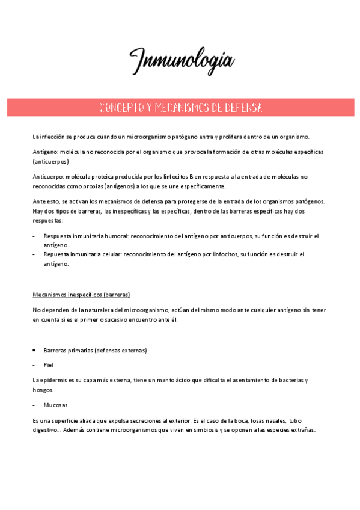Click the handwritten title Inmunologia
point(181,60)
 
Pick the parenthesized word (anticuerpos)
point(51,162)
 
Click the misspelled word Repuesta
point(57,254)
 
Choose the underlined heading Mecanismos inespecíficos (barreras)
point(81,295)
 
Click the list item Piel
point(49,364)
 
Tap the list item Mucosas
point(55,405)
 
